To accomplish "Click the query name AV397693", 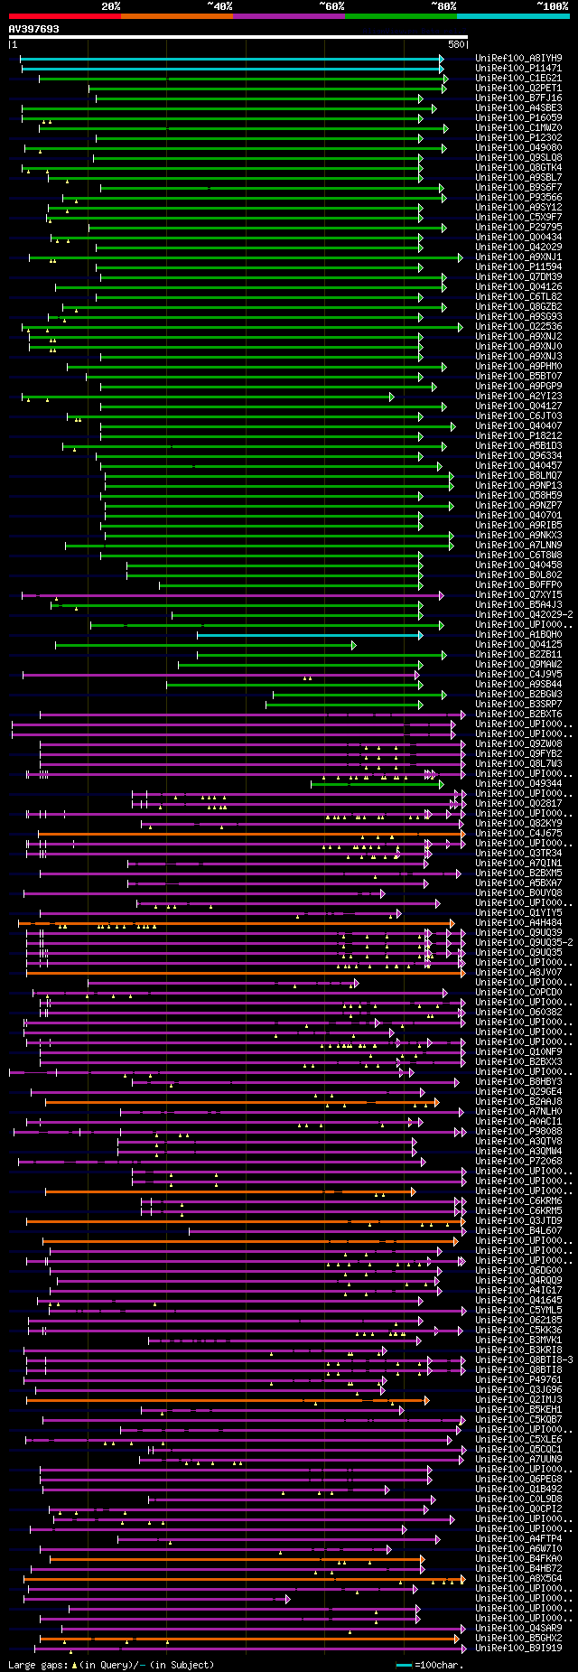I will click(x=34, y=29).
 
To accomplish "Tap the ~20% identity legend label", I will click(x=110, y=6).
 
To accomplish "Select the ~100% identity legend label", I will click(x=552, y=6).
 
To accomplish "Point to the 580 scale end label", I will click(x=456, y=44).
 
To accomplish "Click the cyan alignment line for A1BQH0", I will click(x=307, y=635).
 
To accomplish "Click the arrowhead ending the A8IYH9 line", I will click(x=442, y=59).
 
